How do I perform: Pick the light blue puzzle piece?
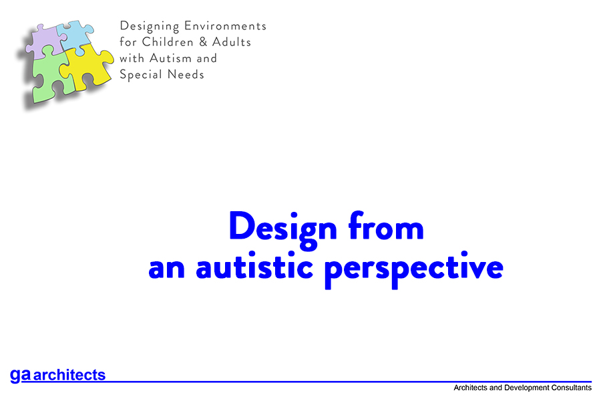click(75, 35)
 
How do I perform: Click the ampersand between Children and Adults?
click(198, 42)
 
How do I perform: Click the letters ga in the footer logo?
click(20, 375)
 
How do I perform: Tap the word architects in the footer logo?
click(69, 376)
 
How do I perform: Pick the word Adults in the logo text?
click(229, 42)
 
